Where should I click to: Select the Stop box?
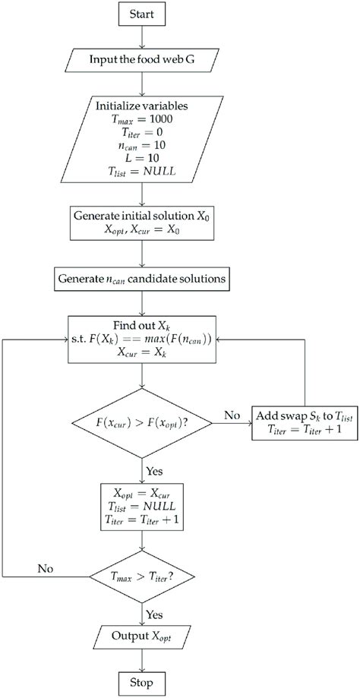tap(142, 682)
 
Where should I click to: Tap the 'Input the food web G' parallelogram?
tap(142, 57)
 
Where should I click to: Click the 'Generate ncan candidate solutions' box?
tap(142, 278)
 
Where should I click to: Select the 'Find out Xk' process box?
tap(142, 339)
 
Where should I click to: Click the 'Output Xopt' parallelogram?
tap(142, 636)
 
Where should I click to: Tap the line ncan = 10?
tap(141, 144)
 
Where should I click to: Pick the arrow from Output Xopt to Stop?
tap(142, 659)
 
